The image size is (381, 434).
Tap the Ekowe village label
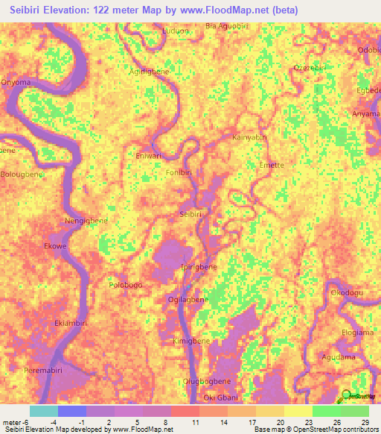pyautogui.click(x=56, y=245)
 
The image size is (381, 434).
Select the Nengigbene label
pyautogui.click(x=87, y=221)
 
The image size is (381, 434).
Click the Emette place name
pyautogui.click(x=271, y=165)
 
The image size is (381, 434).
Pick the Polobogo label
pyautogui.click(x=125, y=284)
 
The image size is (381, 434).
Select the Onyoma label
pyautogui.click(x=16, y=82)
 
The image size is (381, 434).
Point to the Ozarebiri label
pyautogui.click(x=310, y=66)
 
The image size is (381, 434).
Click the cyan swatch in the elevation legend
pyautogui.click(x=43, y=411)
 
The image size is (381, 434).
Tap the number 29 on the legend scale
pyautogui.click(x=365, y=423)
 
